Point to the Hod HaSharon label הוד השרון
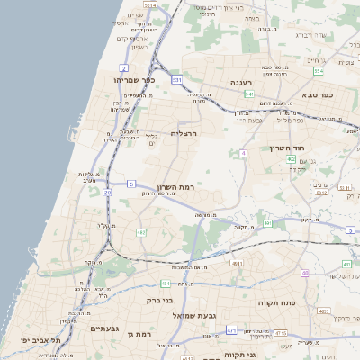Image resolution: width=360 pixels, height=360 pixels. [288, 148]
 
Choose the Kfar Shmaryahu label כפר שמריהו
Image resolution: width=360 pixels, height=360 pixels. [136, 80]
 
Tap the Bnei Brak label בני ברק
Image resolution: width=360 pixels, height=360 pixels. [158, 300]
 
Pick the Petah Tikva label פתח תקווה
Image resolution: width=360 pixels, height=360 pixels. [275, 303]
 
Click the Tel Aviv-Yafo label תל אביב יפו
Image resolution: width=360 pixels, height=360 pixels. [43, 340]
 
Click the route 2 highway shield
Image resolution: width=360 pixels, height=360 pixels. [122, 67]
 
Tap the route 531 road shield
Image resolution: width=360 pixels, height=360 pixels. [176, 80]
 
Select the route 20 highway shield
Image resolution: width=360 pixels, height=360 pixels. [107, 192]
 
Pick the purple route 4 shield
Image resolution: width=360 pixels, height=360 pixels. [243, 153]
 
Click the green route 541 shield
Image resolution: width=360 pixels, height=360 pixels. [249, 94]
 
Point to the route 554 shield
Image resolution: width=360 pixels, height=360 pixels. [318, 69]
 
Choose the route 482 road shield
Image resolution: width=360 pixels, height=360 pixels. [140, 232]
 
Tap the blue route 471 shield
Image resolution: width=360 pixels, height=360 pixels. [231, 330]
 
